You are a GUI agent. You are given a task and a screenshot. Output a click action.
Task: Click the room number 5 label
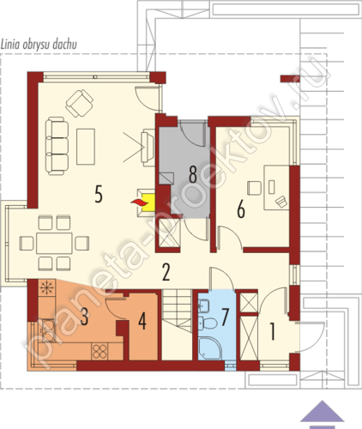99,194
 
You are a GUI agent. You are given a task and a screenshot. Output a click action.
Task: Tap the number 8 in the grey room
193,174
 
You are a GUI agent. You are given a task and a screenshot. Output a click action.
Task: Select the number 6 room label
241,209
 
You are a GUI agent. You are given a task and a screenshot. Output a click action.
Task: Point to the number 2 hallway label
166,272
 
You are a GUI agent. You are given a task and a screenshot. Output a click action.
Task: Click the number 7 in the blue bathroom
226,317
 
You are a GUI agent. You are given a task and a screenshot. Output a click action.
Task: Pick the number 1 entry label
273,331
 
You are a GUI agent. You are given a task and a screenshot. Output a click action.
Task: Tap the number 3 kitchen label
84,317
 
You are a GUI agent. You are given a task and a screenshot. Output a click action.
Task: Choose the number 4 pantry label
142,321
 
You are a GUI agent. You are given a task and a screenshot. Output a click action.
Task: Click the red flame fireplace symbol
140,202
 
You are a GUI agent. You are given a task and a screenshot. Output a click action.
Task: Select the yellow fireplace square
148,202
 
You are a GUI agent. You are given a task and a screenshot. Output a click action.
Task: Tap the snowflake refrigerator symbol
45,287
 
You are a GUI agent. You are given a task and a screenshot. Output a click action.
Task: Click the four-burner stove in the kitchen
100,352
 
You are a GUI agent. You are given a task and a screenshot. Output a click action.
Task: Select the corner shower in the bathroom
210,348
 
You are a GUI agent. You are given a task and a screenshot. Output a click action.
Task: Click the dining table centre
54,243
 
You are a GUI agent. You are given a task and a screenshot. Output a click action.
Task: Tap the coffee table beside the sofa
86,147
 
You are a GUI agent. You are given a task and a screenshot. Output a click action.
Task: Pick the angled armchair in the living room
79,103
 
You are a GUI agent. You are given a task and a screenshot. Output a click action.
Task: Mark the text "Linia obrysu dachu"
39,45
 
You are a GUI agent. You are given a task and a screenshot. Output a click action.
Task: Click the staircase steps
177,311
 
